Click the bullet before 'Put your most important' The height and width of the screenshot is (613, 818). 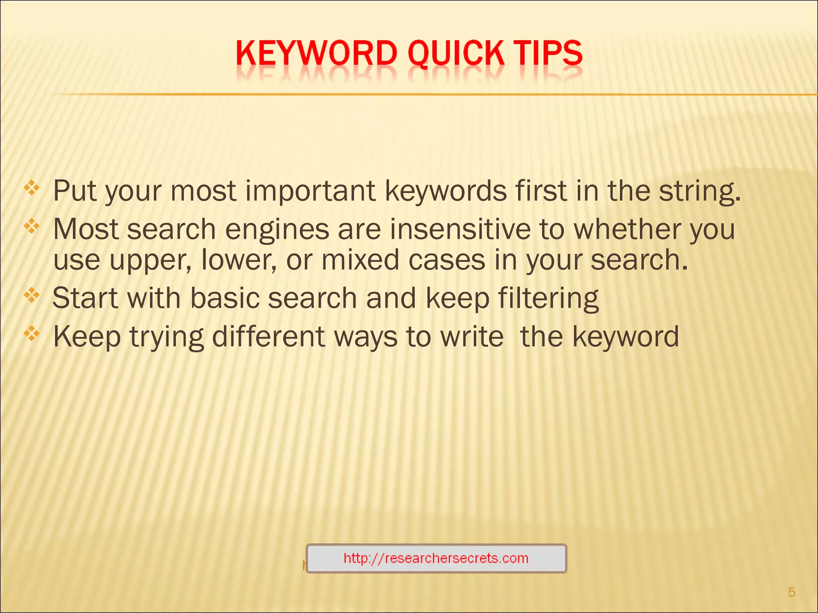point(32,188)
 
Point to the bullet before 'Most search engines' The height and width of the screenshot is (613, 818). point(32,227)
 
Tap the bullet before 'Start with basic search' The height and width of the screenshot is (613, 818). point(32,296)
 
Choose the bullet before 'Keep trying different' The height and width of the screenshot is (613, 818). point(32,334)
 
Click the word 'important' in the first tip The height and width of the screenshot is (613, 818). point(310,191)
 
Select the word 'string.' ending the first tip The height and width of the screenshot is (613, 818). point(699,191)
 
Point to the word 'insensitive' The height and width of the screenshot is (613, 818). point(460,229)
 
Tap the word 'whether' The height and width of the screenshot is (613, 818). point(627,229)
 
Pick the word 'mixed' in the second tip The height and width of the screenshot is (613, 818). point(360,260)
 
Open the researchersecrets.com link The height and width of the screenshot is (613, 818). point(436,558)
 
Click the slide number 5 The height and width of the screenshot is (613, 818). point(792,592)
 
